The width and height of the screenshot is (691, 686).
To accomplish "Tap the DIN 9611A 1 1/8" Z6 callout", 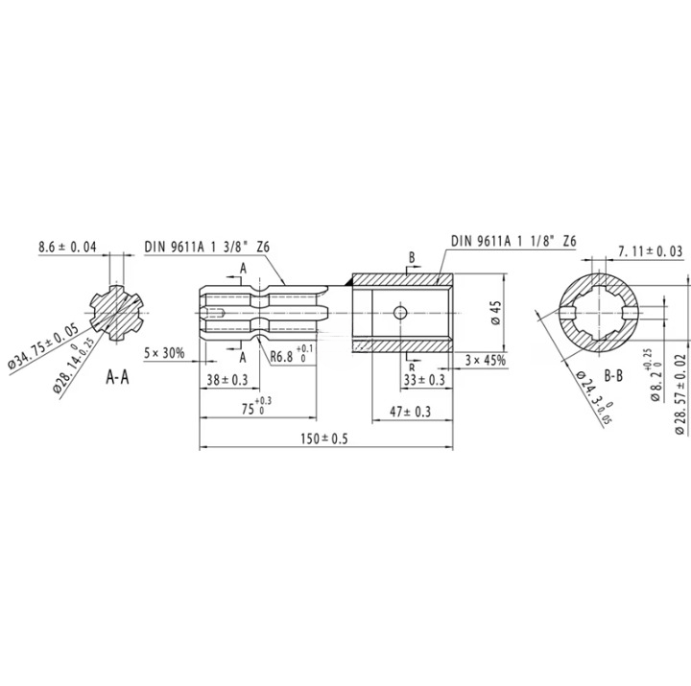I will pos(512,239).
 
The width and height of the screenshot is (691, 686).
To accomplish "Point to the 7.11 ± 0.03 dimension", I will pos(651,250).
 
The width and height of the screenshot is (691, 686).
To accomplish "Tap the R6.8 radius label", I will pos(285,356).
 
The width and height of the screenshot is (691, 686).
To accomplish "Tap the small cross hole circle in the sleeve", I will pos(400,312).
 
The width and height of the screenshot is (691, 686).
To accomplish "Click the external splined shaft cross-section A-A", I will pos(117,313).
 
